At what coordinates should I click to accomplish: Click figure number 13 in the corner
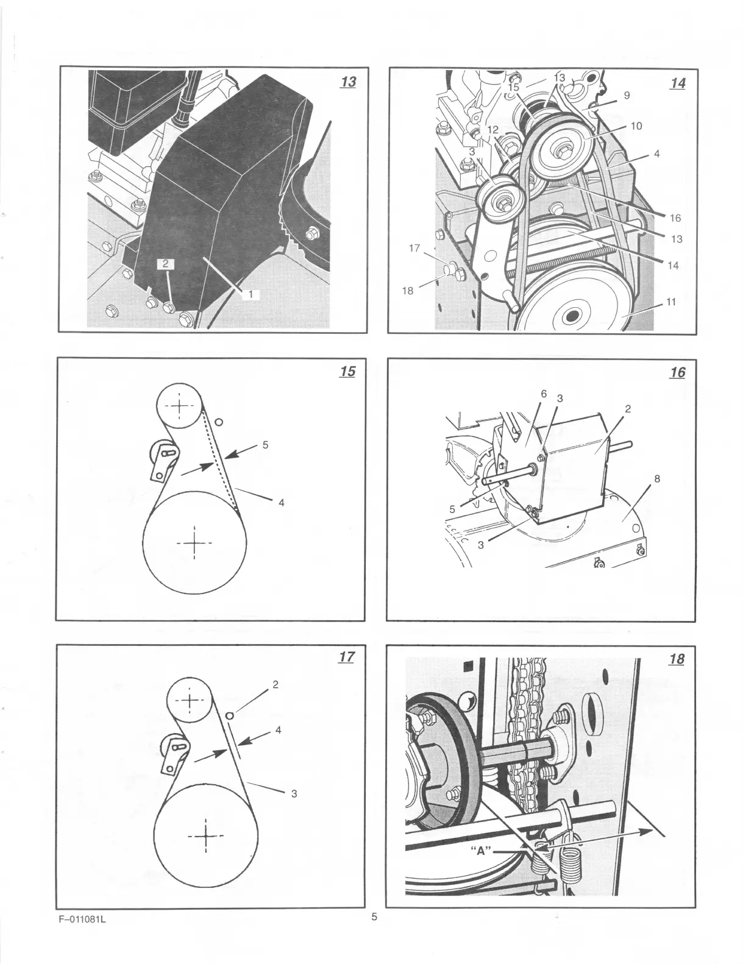[348, 82]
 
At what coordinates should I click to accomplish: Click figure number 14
[677, 83]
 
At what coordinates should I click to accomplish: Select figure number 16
[677, 372]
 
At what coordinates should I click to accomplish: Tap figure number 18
[676, 659]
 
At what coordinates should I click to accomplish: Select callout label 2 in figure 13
[166, 264]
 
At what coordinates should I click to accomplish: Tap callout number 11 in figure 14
[670, 302]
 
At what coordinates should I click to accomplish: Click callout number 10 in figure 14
[636, 126]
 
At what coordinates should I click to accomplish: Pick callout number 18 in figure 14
[407, 291]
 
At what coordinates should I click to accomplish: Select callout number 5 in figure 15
[265, 444]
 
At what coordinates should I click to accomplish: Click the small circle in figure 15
[219, 422]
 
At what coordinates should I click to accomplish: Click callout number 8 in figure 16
[656, 478]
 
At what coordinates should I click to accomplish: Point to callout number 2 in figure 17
[276, 684]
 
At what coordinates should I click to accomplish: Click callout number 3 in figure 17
[294, 793]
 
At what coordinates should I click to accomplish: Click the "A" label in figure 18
[482, 851]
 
